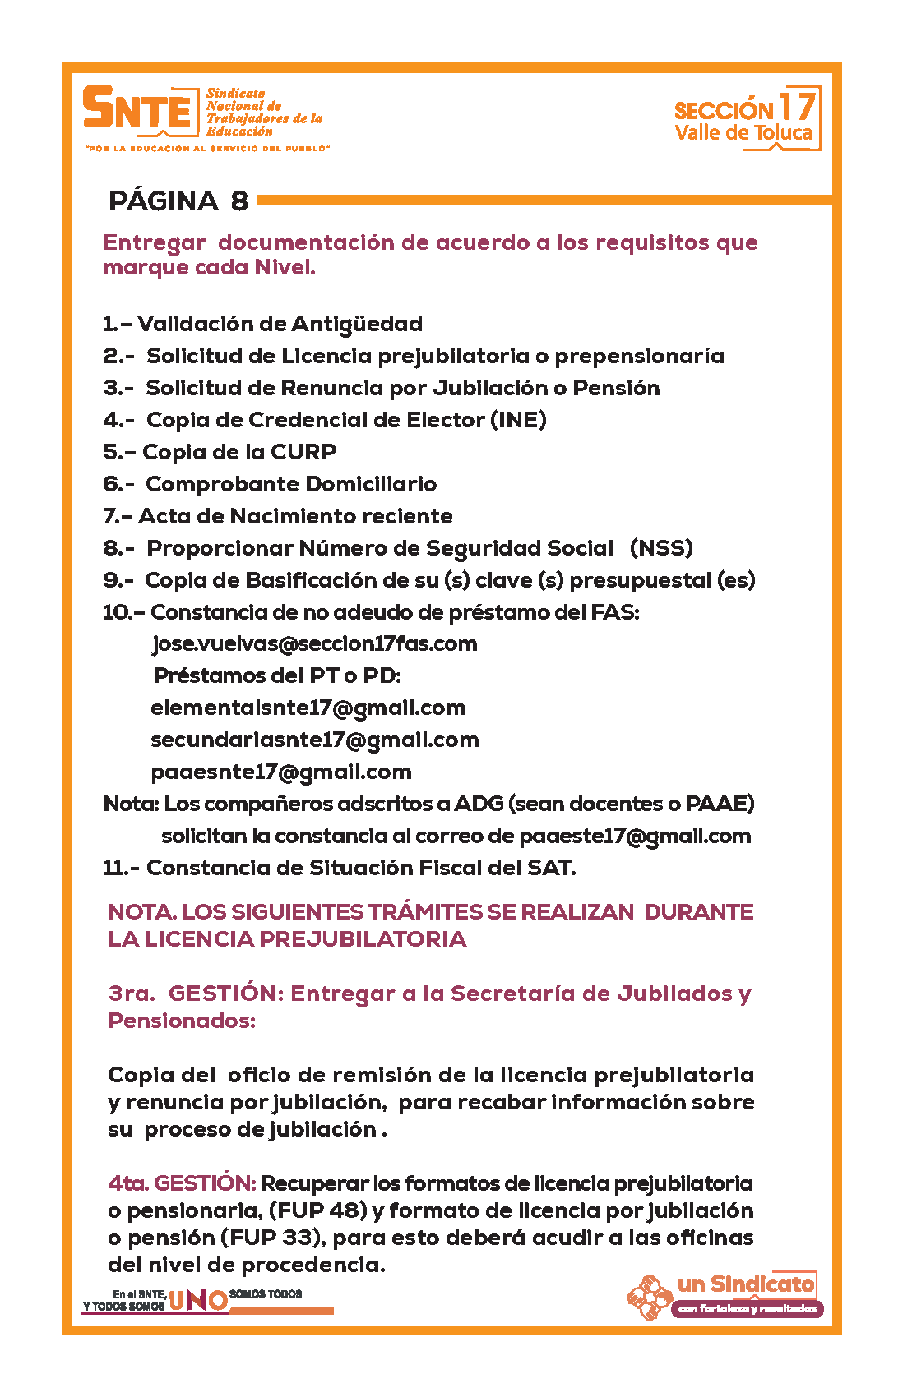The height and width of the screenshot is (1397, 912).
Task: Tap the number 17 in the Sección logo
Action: pos(797,106)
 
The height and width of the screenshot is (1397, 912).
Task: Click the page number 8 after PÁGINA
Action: pos(239,201)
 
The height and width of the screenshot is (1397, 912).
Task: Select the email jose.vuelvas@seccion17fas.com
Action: pos(315,643)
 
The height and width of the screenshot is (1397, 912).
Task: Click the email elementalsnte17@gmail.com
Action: pos(308,708)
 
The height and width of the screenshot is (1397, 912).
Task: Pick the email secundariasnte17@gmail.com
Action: pos(315,740)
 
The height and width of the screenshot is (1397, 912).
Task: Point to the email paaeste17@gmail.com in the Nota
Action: pos(635,837)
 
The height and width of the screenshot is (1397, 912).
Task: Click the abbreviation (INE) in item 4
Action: pos(518,420)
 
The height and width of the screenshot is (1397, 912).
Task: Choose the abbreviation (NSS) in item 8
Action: pos(661,548)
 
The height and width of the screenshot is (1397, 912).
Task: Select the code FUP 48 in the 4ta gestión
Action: pos(318,1210)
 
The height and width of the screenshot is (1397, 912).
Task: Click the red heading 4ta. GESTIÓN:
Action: pos(182,1183)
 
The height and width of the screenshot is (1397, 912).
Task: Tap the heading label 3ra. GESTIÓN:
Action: pos(196,994)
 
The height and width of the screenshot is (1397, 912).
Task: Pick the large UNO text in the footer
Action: pos(197,1299)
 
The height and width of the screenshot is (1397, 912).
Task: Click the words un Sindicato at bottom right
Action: pos(746,1284)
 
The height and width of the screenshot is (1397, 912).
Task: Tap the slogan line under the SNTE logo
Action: pos(207,149)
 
